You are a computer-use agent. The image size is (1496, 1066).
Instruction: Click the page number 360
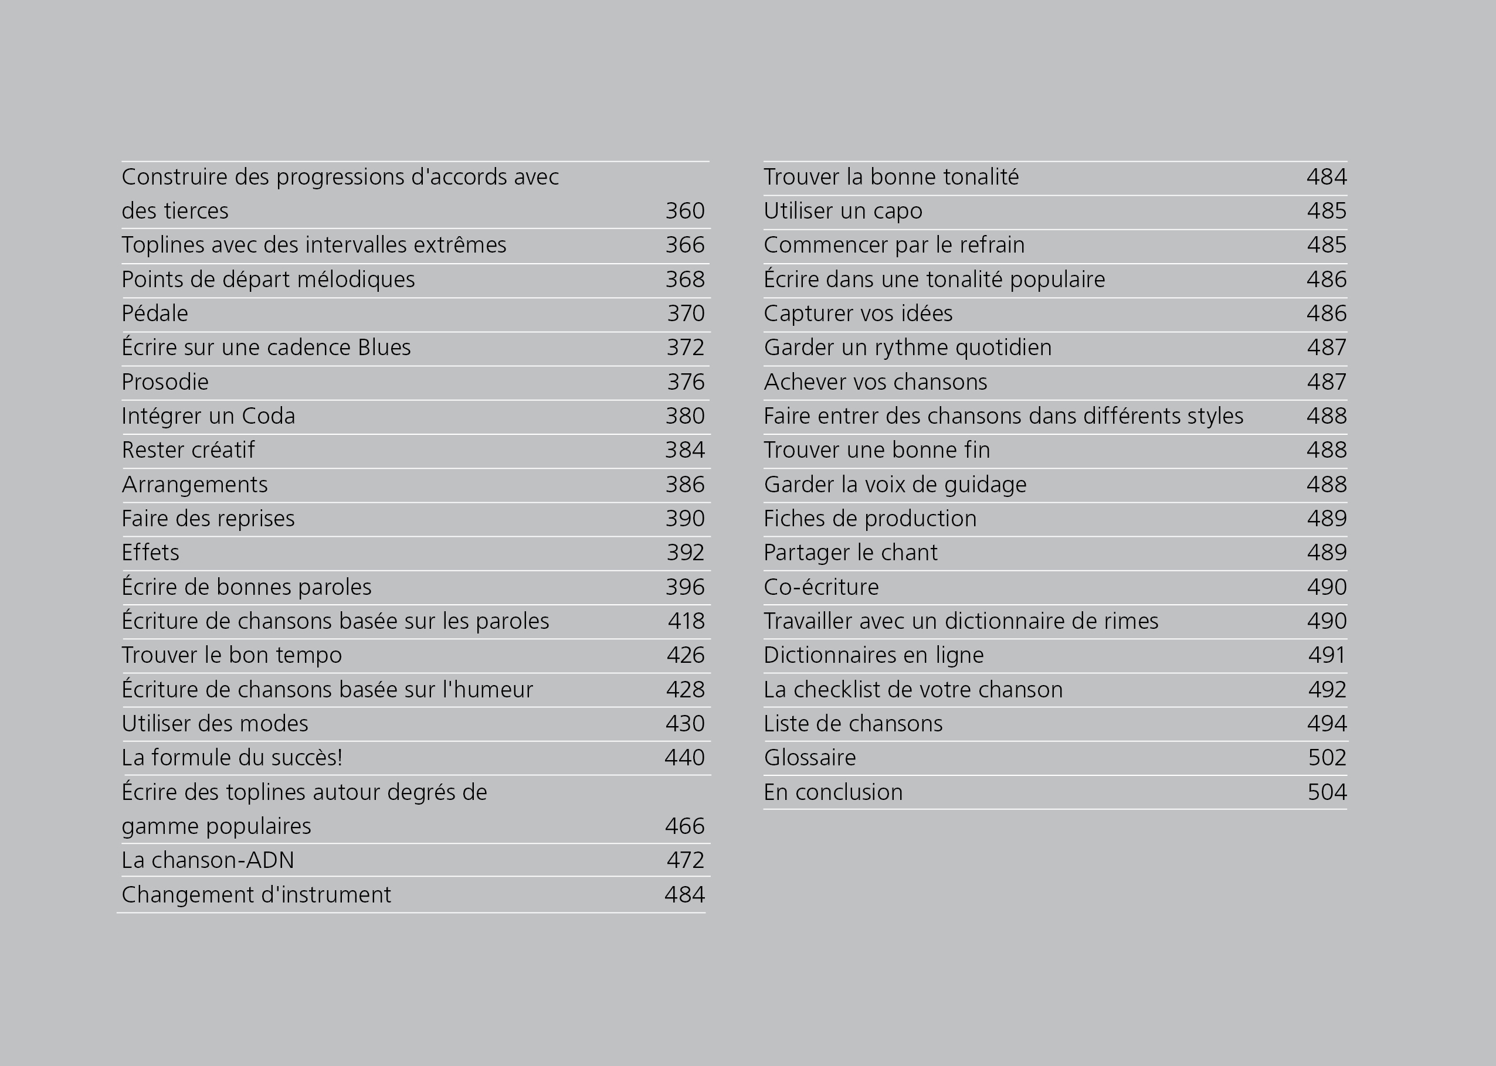tap(685, 211)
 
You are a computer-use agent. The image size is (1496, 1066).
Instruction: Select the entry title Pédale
tap(155, 314)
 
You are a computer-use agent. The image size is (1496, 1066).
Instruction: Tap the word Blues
tap(384, 348)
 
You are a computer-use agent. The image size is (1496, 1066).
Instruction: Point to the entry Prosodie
tap(165, 382)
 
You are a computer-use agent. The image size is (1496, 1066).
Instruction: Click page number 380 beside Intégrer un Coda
tap(685, 416)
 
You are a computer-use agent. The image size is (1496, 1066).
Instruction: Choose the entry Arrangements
tap(194, 485)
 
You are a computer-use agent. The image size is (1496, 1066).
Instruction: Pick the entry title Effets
tap(150, 553)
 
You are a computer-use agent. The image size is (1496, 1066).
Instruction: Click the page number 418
tap(686, 621)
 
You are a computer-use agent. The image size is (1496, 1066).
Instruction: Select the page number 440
tap(684, 758)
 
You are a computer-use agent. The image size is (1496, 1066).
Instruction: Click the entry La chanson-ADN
tap(208, 860)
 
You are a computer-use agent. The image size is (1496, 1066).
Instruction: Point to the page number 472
tap(686, 860)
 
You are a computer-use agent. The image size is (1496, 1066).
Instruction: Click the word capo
tap(897, 212)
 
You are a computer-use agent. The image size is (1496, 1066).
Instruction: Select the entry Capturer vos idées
tap(858, 314)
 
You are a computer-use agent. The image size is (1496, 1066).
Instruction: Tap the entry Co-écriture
tap(821, 587)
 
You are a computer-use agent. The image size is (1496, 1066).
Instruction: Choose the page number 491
tap(1327, 655)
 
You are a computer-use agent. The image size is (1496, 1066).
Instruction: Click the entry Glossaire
tap(810, 758)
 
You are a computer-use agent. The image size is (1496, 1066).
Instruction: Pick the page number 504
tap(1327, 792)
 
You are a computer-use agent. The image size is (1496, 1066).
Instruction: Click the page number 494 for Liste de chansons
tap(1327, 723)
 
